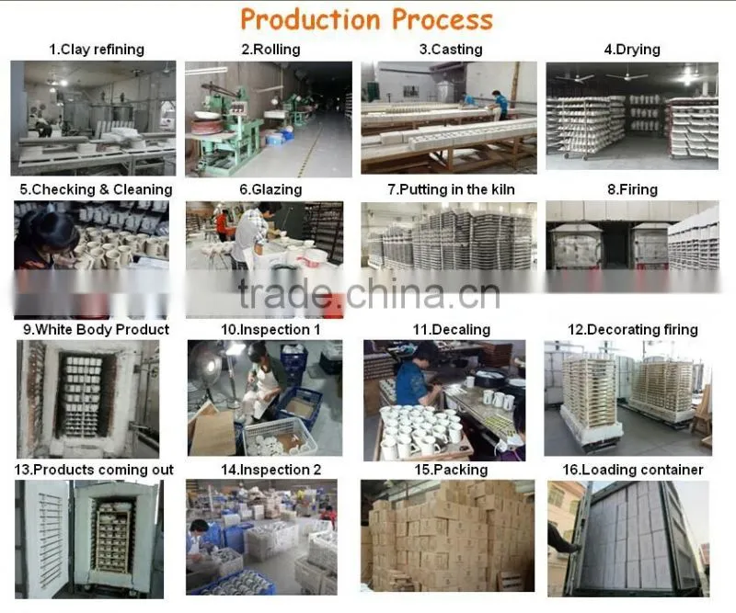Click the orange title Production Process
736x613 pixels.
point(366,19)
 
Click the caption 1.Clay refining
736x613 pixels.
point(97,50)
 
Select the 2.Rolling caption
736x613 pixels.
point(270,50)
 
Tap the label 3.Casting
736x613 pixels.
point(451,50)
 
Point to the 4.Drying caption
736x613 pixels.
point(632,50)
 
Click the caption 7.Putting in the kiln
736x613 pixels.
point(451,189)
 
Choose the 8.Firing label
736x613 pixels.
point(632,189)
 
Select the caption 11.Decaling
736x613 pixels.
point(451,330)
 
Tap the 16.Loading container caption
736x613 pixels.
point(632,470)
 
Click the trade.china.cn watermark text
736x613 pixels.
point(369,294)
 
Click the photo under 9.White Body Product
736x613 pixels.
point(87,399)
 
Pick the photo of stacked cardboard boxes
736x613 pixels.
point(447,535)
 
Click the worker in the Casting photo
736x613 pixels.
point(500,105)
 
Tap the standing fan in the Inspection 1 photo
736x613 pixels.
point(212,375)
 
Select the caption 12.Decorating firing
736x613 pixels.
point(633,330)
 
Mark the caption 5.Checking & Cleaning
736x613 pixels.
point(97,189)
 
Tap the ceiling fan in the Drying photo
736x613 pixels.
point(627,75)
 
